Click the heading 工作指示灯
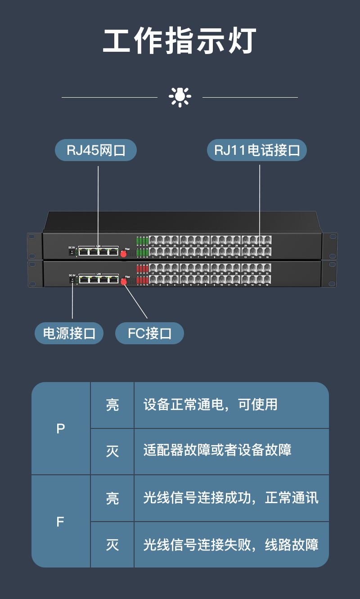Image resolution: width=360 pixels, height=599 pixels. pos(180,41)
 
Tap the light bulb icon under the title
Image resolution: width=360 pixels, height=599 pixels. pos(180,97)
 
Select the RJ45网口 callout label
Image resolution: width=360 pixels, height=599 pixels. pos(95,150)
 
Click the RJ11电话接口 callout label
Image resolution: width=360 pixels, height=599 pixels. pos(256,150)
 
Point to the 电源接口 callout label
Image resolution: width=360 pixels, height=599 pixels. pos(69,333)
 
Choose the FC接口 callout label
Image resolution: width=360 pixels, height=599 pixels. pos(149,333)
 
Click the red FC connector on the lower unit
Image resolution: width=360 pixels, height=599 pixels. pos(124,282)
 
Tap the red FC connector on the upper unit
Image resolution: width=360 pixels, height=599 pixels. pos(123,253)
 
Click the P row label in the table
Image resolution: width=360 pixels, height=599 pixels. pos(61,429)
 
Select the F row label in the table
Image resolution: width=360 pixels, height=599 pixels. pos(61,522)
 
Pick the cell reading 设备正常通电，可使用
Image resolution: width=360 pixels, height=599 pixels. pos(210,405)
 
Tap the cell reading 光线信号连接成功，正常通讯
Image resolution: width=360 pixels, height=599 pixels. pos(231,498)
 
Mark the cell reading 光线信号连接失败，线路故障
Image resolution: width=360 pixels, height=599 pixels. pos(231,545)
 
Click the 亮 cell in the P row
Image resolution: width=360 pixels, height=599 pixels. pos(112,405)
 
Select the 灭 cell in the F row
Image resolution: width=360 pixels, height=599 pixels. pos(112,545)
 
